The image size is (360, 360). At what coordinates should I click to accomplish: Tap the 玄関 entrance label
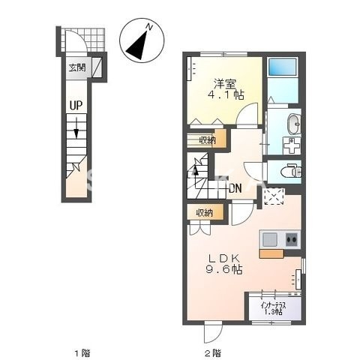pyautogui.click(x=77, y=68)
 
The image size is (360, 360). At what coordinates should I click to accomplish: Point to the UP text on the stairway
pyautogui.click(x=76, y=106)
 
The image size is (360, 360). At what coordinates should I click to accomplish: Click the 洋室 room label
pyautogui.click(x=226, y=83)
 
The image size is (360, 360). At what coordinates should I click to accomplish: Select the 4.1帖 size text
pyautogui.click(x=226, y=96)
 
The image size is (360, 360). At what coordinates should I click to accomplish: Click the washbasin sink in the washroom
pyautogui.click(x=292, y=124)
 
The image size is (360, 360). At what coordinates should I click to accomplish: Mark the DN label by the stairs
pyautogui.click(x=234, y=187)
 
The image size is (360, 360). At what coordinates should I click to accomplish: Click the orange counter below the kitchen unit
pyautogui.click(x=271, y=253)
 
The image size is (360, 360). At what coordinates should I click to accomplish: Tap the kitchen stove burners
pyautogui.click(x=292, y=239)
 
